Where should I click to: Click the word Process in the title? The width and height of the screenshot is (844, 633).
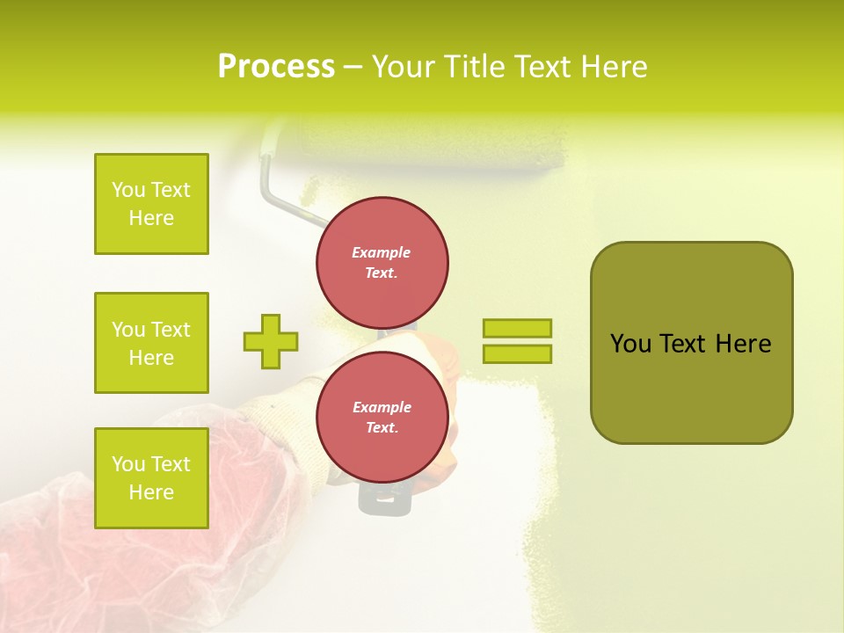pos(276,67)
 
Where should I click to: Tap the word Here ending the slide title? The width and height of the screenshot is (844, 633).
pos(615,67)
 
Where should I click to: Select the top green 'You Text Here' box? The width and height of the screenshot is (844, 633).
pos(151,204)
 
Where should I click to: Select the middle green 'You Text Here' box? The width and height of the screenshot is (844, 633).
pos(151,343)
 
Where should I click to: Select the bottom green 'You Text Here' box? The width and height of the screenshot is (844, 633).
pos(151,478)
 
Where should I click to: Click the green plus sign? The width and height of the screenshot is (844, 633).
pos(271,341)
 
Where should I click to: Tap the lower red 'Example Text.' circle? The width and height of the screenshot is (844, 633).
pos(382,417)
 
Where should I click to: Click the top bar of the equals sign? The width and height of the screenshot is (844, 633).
pos(517,328)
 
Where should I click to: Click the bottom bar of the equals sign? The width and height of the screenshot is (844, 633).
pos(517,353)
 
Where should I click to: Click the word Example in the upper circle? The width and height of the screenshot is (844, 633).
pos(381,252)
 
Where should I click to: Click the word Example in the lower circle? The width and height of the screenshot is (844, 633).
pos(382,407)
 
